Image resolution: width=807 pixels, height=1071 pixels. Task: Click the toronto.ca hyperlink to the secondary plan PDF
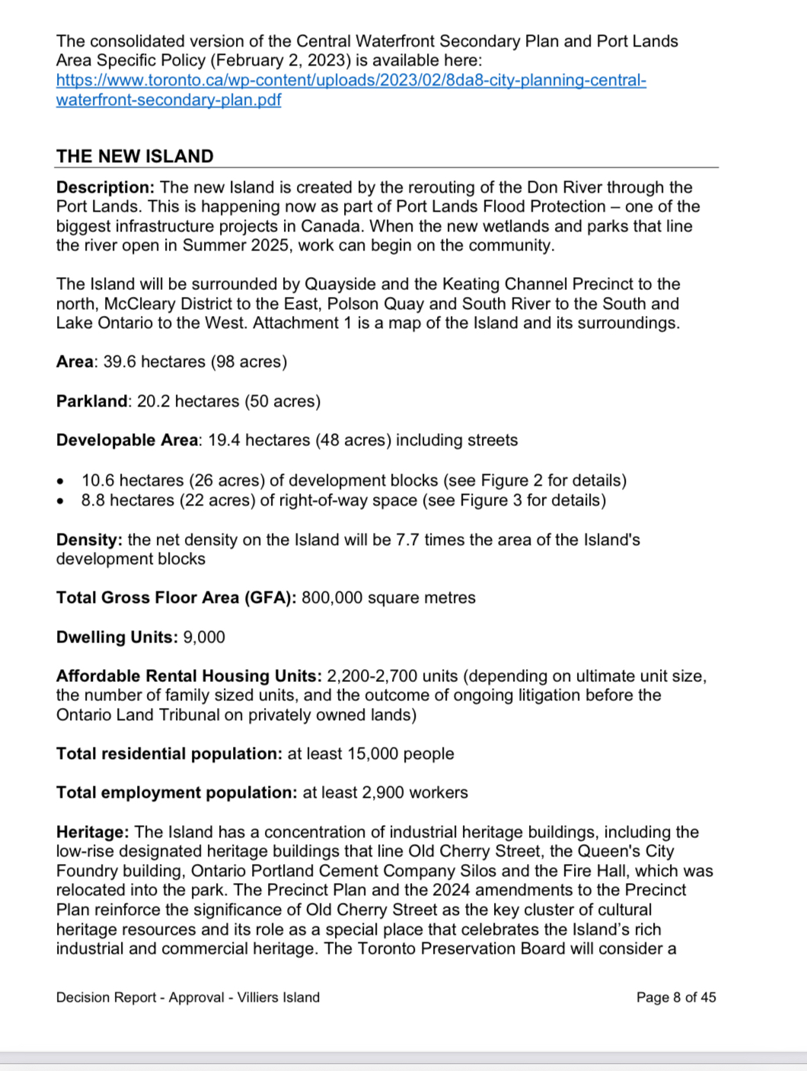click(350, 81)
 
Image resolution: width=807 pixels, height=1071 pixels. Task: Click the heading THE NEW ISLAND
click(135, 156)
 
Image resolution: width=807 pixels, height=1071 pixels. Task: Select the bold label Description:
click(105, 187)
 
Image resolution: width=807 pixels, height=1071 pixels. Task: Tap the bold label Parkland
click(92, 401)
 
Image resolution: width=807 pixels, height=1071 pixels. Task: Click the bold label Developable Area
click(126, 440)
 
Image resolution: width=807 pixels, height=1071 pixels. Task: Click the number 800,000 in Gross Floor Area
click(332, 598)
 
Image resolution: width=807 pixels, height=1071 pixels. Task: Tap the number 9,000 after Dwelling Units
click(204, 637)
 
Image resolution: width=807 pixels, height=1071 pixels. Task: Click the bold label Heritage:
click(93, 832)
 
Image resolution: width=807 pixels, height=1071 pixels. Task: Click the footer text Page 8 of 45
click(676, 997)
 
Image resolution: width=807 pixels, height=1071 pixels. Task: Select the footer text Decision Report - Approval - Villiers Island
click(187, 997)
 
